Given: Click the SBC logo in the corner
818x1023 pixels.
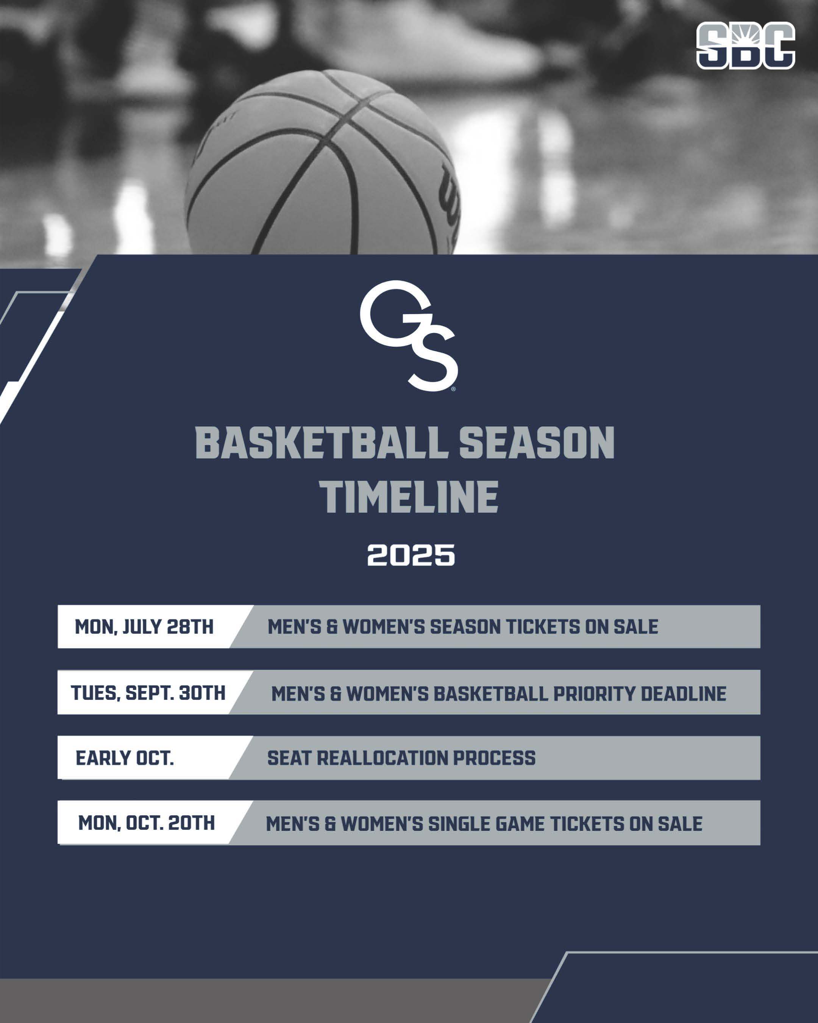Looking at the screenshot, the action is coord(745,45).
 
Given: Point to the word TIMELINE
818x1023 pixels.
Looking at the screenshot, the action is coord(409,497).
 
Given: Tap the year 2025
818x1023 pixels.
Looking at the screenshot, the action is coord(411,555).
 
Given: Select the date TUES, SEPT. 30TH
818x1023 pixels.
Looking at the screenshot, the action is coord(148,693).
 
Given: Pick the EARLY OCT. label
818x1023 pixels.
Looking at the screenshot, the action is coord(125,758).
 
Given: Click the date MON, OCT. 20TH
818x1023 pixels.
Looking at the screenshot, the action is coord(147,823).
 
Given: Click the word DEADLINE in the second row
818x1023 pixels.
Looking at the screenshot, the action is coord(683,694).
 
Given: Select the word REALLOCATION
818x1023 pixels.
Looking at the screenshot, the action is coord(382,758).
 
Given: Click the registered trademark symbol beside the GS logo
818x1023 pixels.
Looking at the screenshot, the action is coord(453,389).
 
